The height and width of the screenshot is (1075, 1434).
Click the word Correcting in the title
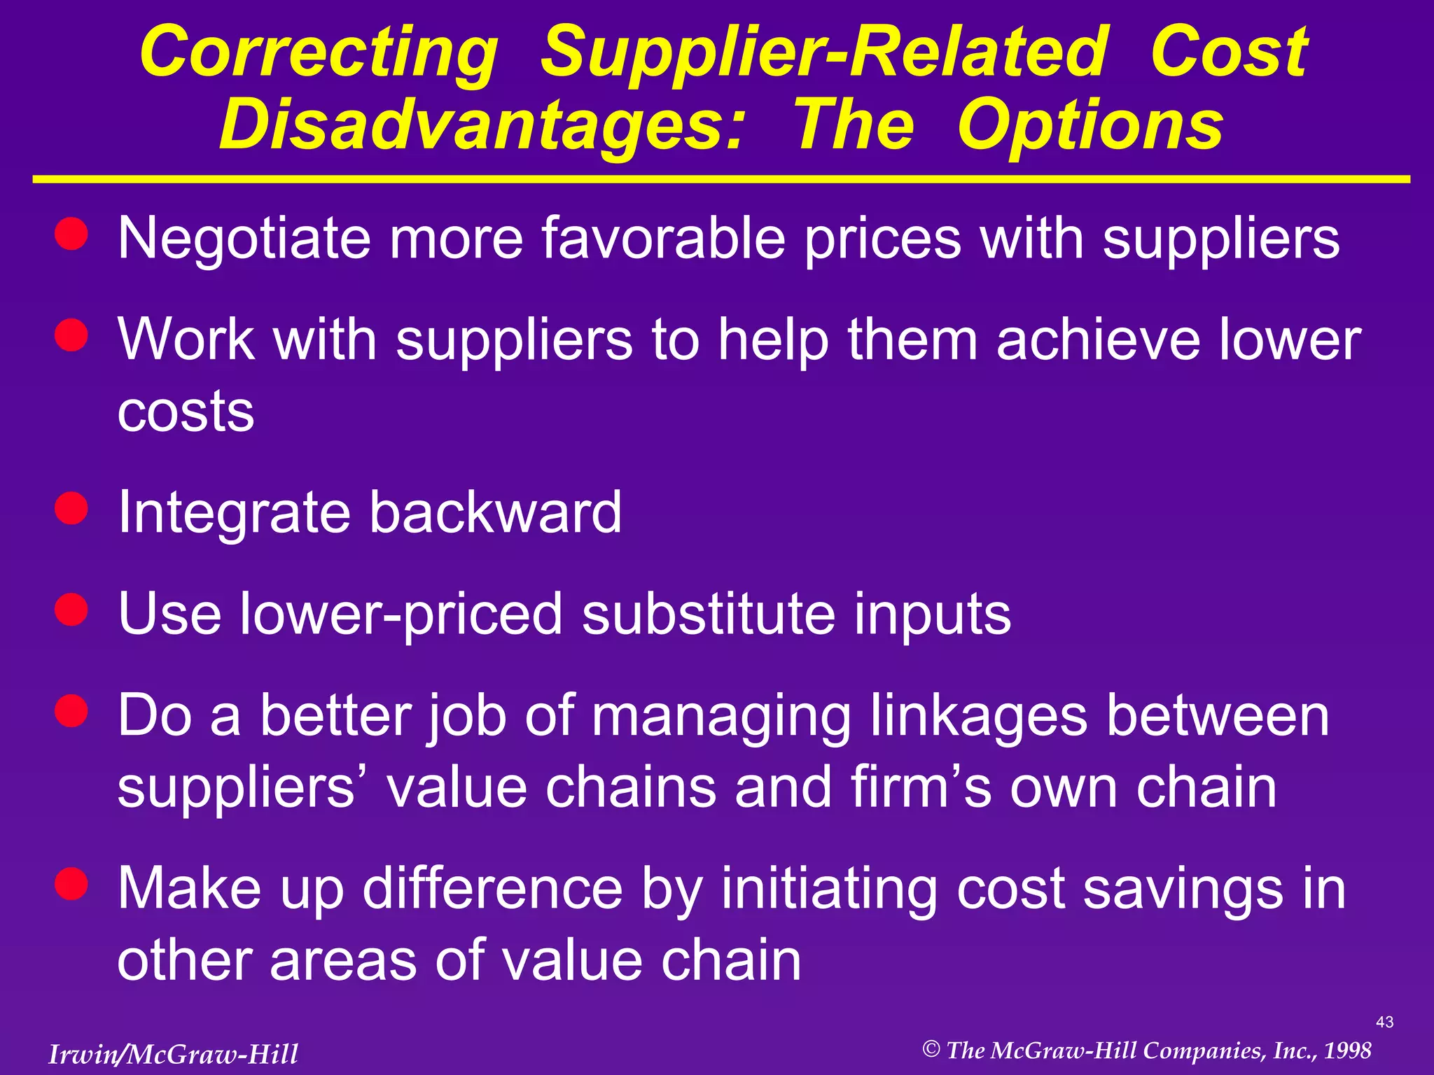[319, 52]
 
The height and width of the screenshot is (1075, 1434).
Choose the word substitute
[708, 614]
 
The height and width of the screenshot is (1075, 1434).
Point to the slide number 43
[1384, 1023]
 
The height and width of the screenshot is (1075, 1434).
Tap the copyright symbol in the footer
[931, 1049]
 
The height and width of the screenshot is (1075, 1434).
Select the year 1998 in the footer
[1347, 1051]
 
